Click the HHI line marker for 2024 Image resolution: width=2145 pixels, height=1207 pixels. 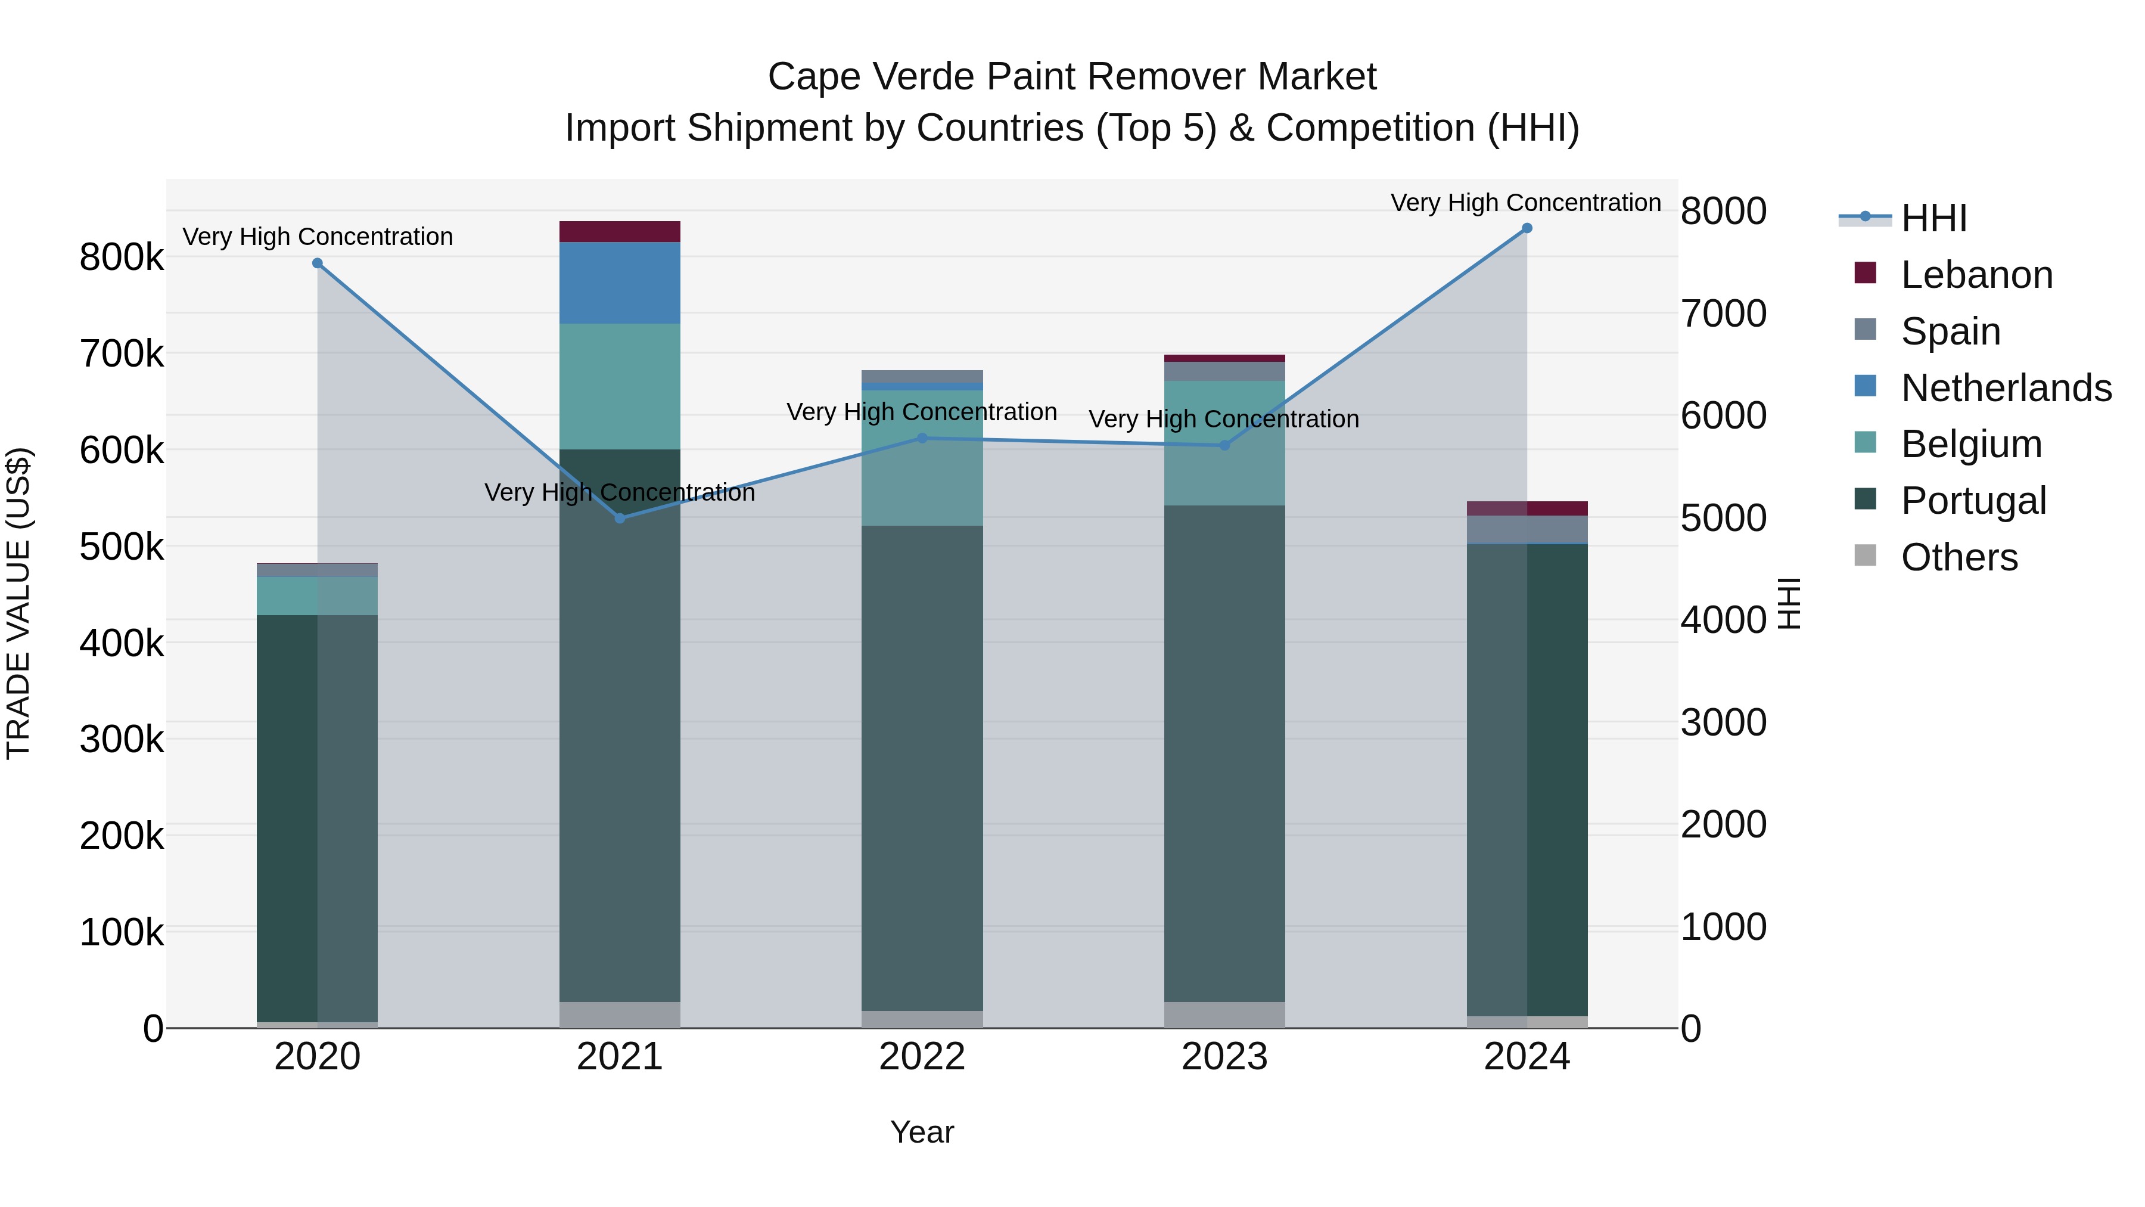click(x=1527, y=228)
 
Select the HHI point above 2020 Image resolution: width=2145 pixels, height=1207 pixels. click(x=317, y=263)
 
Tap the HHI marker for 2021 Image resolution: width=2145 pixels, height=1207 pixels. click(x=620, y=518)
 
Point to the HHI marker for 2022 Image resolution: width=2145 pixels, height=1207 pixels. click(x=922, y=438)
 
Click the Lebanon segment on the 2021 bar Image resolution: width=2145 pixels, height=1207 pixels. click(x=620, y=232)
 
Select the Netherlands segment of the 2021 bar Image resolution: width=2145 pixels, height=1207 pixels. click(x=620, y=283)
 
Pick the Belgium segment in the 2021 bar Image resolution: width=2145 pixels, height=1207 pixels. click(x=620, y=386)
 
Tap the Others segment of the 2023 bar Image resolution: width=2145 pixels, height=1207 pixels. click(x=1224, y=1014)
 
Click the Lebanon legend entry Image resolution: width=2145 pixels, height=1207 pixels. click(x=1976, y=275)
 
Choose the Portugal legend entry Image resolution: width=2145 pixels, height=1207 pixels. click(x=1973, y=501)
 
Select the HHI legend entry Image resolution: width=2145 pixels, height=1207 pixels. click(x=1933, y=218)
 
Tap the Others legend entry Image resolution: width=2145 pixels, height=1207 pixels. click(x=1959, y=557)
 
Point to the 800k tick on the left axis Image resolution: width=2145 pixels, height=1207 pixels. click(x=122, y=257)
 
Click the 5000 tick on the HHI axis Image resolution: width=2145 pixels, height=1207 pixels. click(x=1723, y=518)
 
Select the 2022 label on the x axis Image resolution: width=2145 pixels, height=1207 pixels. click(x=922, y=1057)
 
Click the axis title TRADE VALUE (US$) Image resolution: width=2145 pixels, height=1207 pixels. click(x=18, y=603)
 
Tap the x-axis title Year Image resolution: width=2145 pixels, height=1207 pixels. click(x=922, y=1132)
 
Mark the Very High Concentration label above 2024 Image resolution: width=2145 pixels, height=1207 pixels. click(x=1525, y=203)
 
